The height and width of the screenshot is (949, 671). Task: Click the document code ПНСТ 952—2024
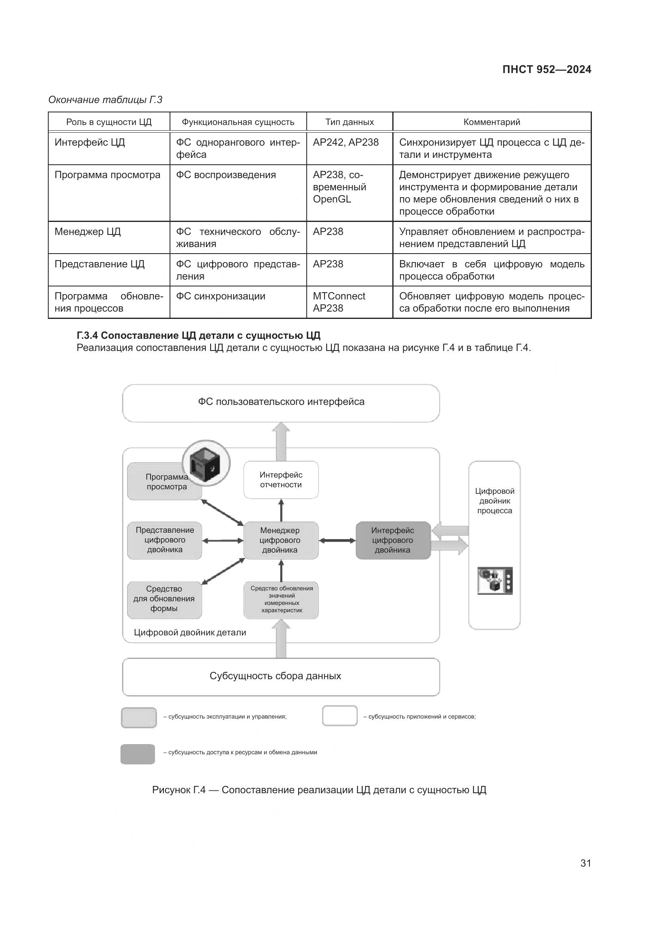tap(546, 69)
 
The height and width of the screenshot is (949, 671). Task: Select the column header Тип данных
tap(349, 122)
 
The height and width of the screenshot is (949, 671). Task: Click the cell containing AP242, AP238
tap(345, 142)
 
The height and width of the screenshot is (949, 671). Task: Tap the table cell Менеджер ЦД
tap(88, 232)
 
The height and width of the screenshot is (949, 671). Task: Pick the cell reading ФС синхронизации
tap(221, 296)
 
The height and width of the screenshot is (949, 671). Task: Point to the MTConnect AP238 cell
tap(339, 302)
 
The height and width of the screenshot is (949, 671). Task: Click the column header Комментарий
tap(491, 122)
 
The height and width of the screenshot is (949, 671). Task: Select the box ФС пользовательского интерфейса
tap(281, 402)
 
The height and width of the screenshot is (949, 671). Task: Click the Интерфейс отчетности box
tap(281, 480)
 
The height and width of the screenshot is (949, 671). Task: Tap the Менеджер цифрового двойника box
tap(281, 540)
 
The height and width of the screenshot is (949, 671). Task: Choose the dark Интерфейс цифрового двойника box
tap(393, 540)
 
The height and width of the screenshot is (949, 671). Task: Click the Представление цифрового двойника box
tap(164, 540)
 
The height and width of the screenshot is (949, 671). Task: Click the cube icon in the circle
tap(206, 463)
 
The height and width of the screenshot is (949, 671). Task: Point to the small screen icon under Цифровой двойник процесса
tap(495, 581)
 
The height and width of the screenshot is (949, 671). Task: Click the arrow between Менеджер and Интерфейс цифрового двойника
tap(337, 540)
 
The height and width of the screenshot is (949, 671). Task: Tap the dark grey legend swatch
tap(138, 754)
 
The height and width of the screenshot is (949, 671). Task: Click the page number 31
tap(585, 863)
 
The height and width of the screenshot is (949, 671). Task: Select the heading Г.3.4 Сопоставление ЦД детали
tap(198, 335)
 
